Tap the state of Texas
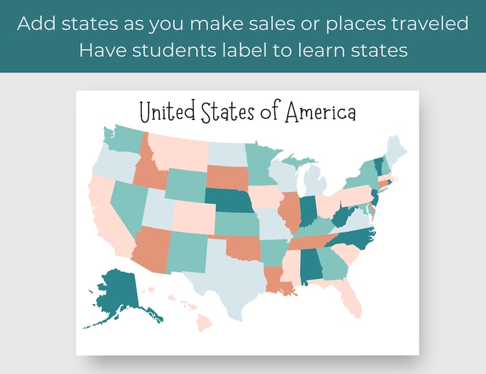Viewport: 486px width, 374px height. coord(230,269)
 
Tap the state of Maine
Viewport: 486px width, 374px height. coord(397,150)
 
